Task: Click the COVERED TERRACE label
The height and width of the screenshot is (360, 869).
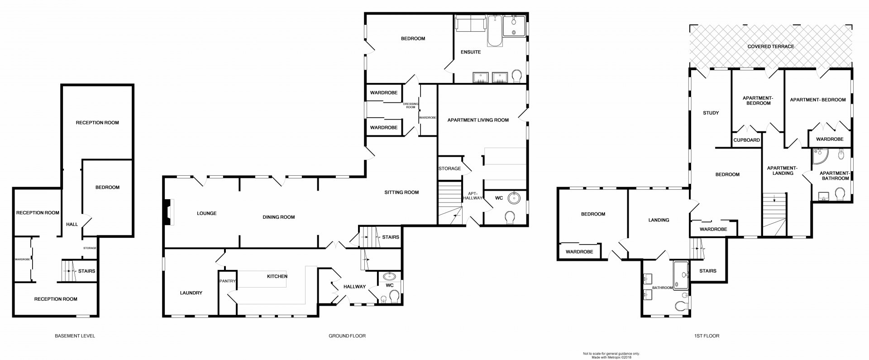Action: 770,47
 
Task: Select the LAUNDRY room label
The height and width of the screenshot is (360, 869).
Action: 191,293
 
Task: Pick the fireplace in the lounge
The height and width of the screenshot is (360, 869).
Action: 168,213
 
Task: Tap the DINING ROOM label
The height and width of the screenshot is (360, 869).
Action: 278,217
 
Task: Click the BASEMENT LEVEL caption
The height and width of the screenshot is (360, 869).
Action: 75,336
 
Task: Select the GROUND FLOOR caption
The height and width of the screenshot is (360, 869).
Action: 347,336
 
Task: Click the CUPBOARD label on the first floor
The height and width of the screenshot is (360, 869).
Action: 747,140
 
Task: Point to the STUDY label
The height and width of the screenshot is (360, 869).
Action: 711,113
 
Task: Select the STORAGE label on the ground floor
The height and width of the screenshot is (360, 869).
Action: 449,169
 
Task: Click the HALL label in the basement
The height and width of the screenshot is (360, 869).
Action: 72,225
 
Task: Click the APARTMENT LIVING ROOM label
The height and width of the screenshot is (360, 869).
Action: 478,120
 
